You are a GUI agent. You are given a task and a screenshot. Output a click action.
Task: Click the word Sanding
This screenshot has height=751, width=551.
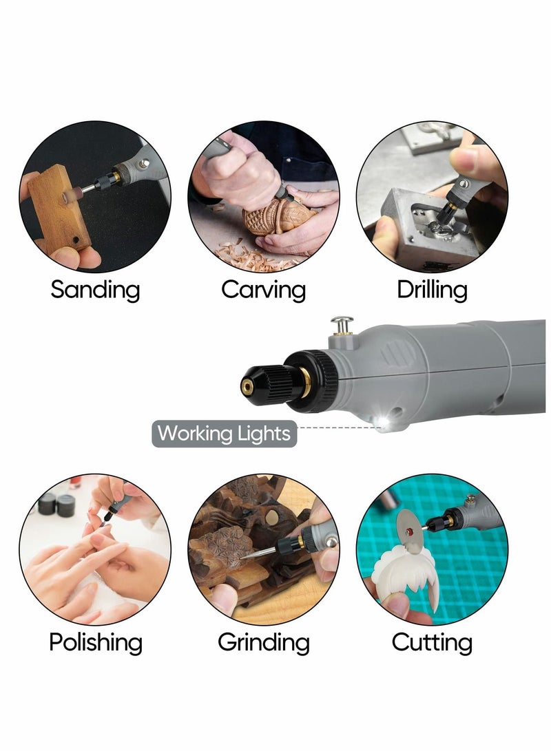click(x=95, y=290)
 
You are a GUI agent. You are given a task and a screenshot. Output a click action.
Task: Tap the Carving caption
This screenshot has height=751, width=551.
click(x=263, y=290)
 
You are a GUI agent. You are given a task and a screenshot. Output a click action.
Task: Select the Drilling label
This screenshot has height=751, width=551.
click(x=432, y=290)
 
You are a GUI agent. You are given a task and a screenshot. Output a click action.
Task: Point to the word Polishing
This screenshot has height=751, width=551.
click(x=96, y=643)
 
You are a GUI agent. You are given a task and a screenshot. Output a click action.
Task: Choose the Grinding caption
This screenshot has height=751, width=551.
click(x=264, y=643)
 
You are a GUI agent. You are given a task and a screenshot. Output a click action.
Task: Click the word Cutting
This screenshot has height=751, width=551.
click(x=432, y=643)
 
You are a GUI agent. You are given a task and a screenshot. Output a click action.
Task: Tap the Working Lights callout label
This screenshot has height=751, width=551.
click(x=225, y=434)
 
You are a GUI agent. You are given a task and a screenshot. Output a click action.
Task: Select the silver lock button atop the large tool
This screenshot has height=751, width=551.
click(x=342, y=323)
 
